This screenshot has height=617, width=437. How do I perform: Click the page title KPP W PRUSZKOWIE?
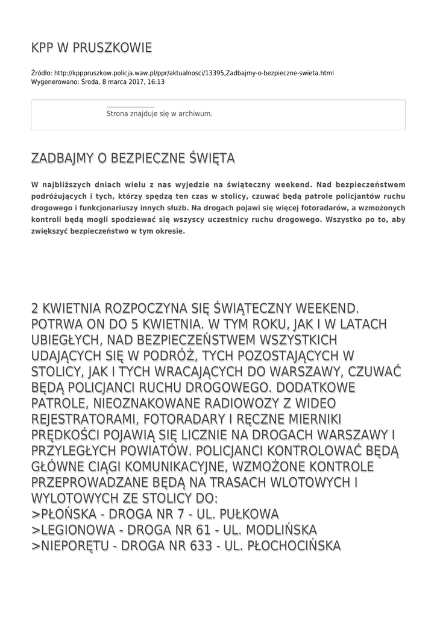(92, 48)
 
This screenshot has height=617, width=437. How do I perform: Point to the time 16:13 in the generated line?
(156, 82)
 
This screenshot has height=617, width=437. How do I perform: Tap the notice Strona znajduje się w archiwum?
(159, 113)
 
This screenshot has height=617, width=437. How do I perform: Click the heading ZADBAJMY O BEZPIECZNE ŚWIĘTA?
(133, 158)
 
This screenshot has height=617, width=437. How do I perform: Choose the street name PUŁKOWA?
(250, 515)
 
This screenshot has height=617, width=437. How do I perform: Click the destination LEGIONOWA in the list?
(78, 530)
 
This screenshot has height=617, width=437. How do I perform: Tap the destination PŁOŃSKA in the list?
(68, 515)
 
